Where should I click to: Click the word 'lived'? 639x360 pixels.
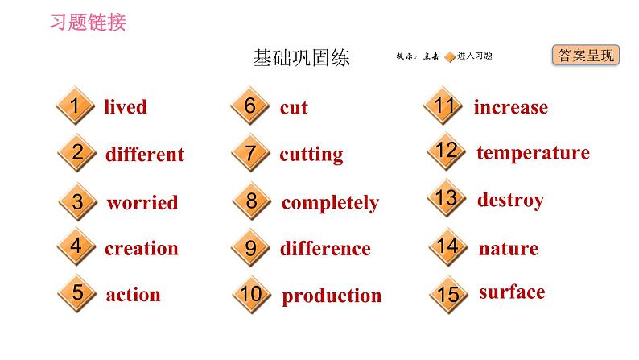click(126, 107)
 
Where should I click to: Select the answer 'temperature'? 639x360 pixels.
click(533, 153)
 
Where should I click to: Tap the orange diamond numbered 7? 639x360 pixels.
click(250, 153)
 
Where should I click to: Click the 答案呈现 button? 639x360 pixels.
click(585, 56)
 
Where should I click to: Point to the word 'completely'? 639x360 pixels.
click(330, 203)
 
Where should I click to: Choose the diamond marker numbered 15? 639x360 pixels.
click(447, 295)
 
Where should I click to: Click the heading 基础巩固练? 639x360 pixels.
click(301, 58)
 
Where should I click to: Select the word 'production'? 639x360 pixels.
click(332, 296)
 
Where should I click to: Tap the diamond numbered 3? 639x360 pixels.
click(77, 202)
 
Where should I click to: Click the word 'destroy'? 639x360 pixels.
click(510, 200)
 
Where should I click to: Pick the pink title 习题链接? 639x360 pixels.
click(88, 22)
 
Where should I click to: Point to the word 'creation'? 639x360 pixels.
click(141, 248)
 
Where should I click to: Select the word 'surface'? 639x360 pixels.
click(512, 292)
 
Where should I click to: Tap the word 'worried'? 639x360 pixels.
click(142, 203)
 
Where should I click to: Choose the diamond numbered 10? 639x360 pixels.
click(251, 295)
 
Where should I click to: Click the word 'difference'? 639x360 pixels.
click(325, 249)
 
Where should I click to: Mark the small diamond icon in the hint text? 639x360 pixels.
click(450, 56)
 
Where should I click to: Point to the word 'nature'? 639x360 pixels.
click(508, 248)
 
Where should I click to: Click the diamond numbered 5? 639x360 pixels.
click(77, 293)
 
